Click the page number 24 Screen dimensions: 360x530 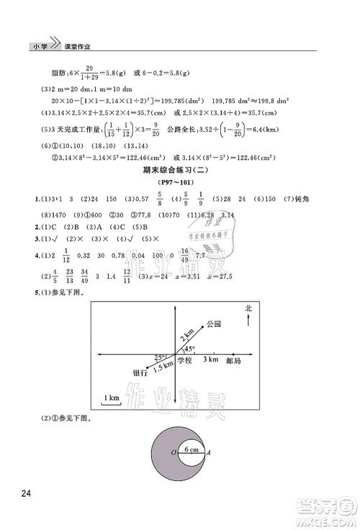(x=26, y=493)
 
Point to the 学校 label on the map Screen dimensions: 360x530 (x=186, y=360)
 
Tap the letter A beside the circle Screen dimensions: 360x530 (x=208, y=453)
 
